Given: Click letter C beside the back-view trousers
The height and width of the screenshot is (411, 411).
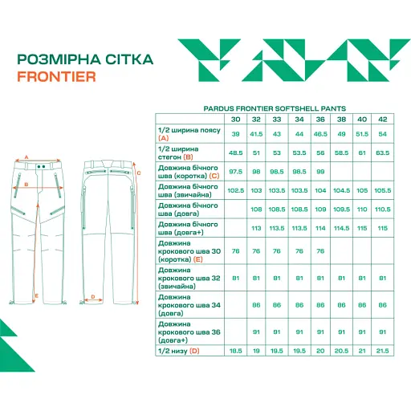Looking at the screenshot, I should click(140, 172).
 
